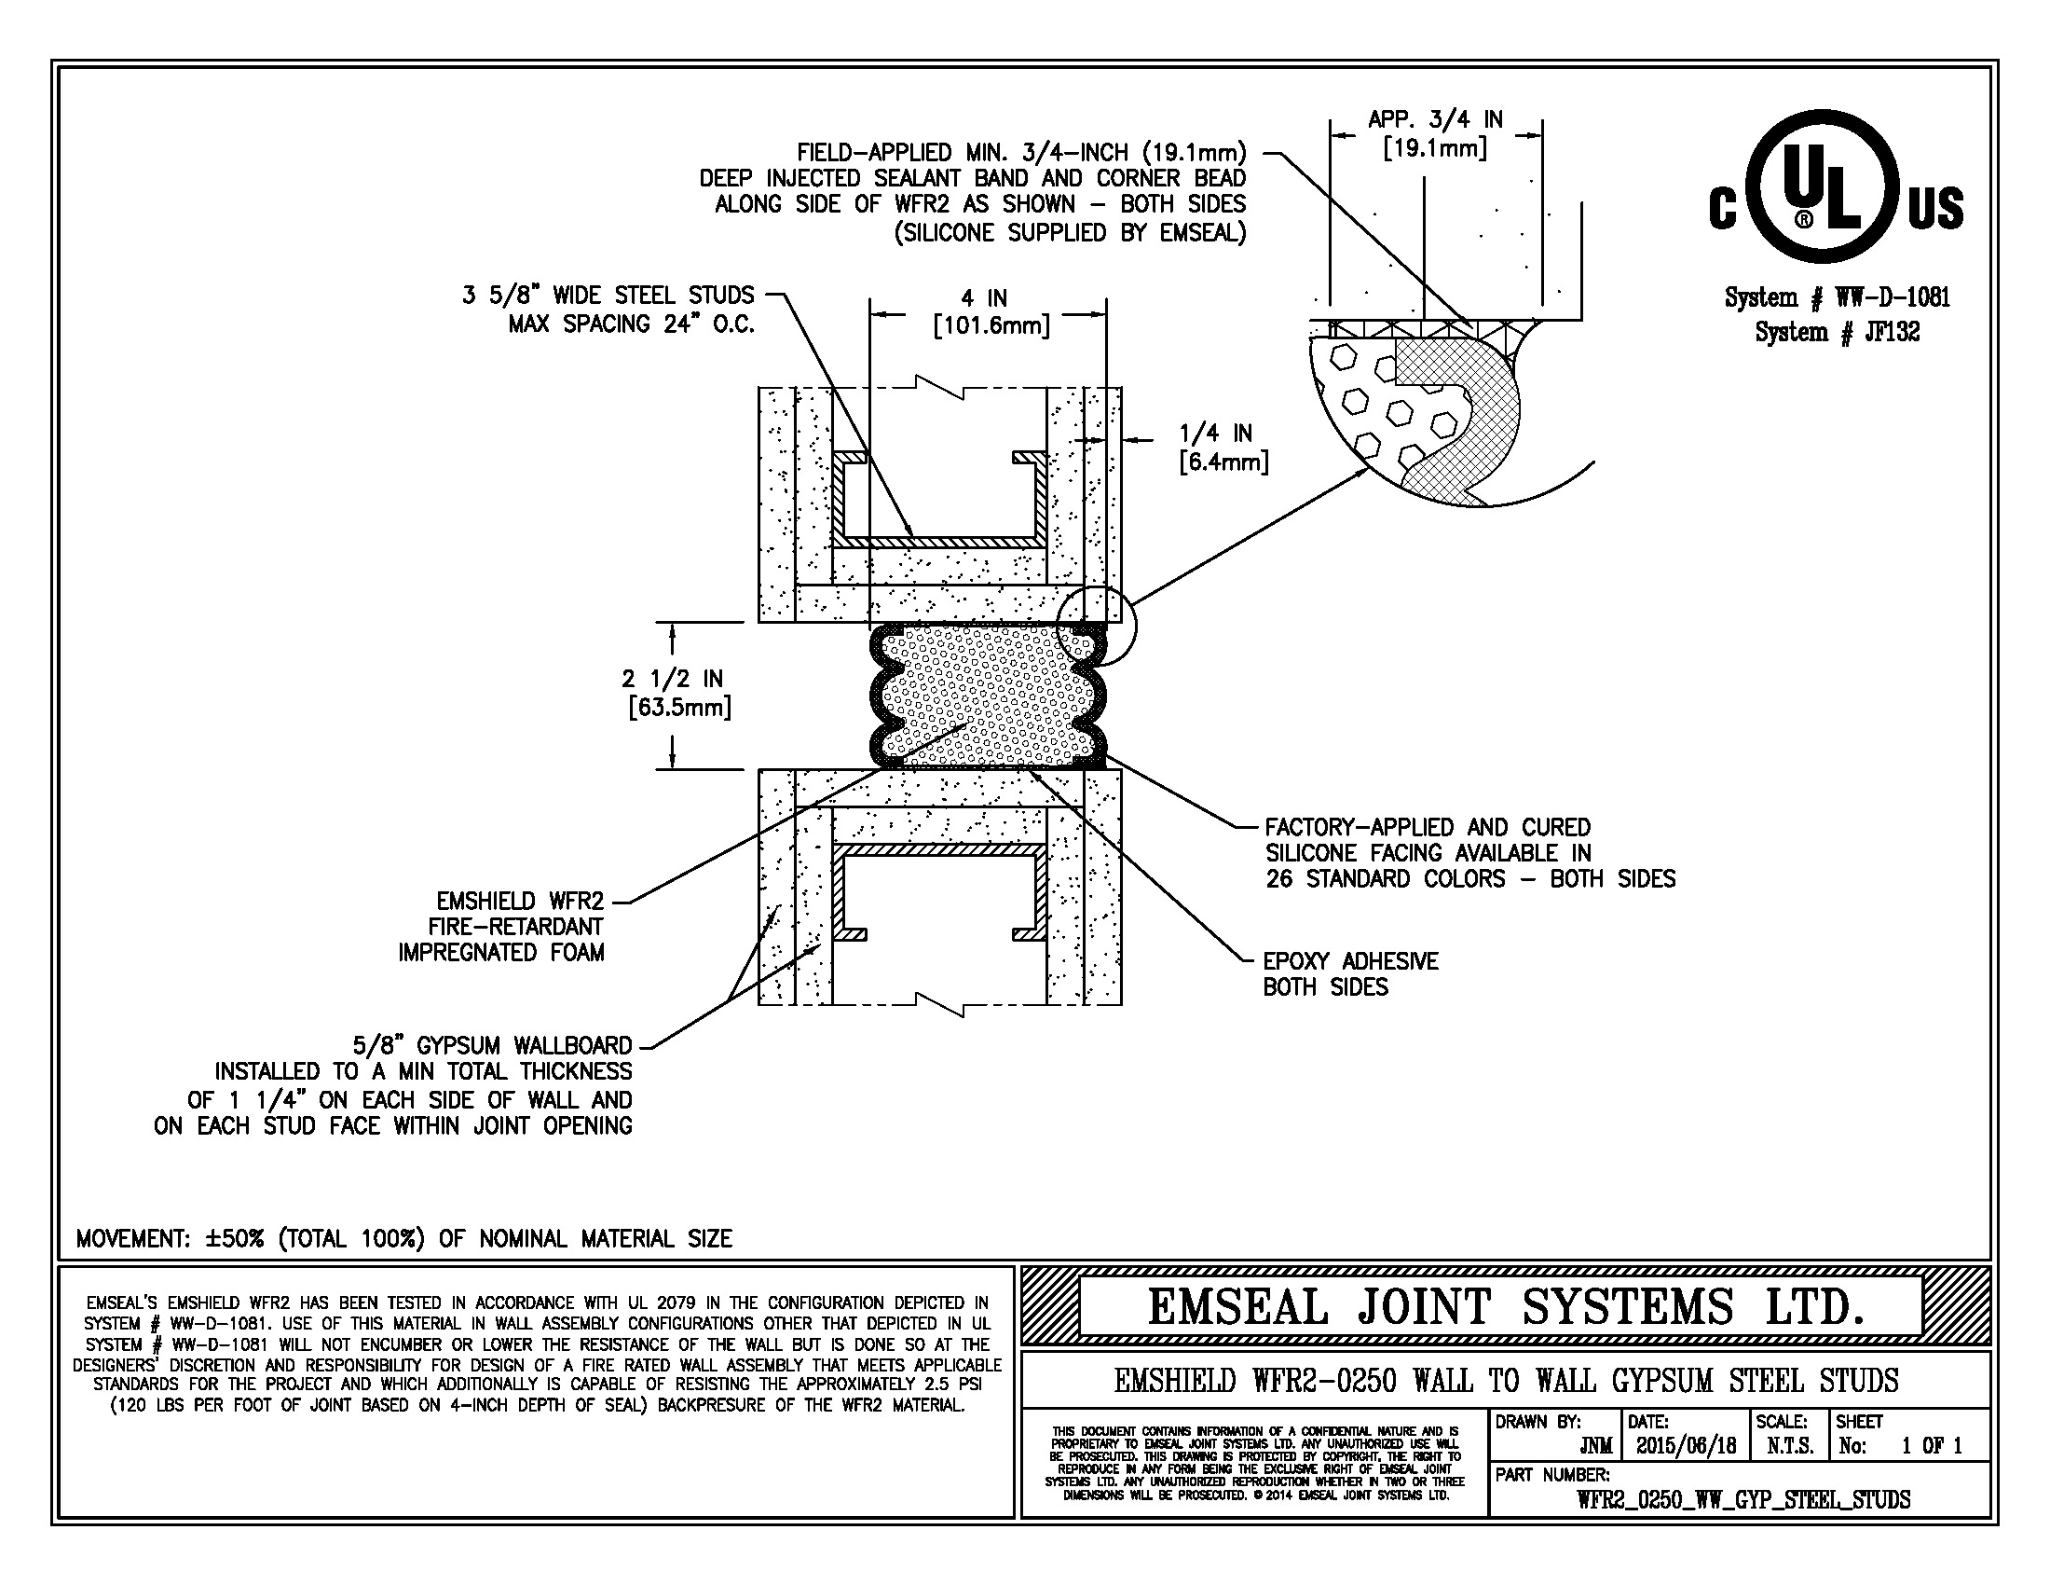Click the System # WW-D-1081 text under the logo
click(x=1837, y=297)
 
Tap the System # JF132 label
click(x=1837, y=332)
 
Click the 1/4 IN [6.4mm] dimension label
click(x=1223, y=447)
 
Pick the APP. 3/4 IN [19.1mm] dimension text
click(x=1435, y=133)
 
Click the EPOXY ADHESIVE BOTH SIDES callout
click(x=1351, y=973)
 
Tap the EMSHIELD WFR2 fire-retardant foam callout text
click(x=501, y=927)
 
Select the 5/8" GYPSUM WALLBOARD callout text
click(x=394, y=1085)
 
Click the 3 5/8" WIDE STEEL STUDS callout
click(x=608, y=310)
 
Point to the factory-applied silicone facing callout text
click(x=1469, y=853)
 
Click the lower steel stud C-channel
click(x=939, y=849)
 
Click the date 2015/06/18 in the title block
click(x=1686, y=1445)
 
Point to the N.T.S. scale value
click(x=1789, y=1446)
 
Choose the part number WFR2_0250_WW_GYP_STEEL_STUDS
click(x=1743, y=1499)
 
